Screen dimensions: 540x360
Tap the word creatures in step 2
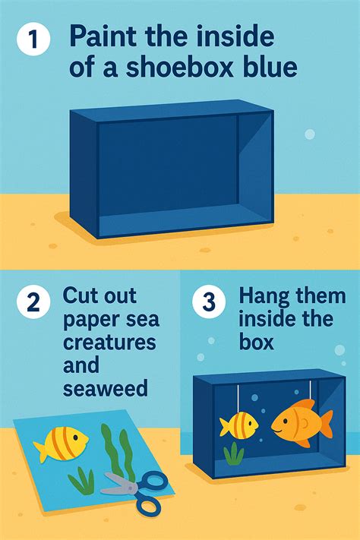[x=109, y=341]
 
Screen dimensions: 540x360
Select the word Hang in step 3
[x=264, y=295]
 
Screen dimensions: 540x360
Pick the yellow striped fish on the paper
[x=61, y=443]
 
